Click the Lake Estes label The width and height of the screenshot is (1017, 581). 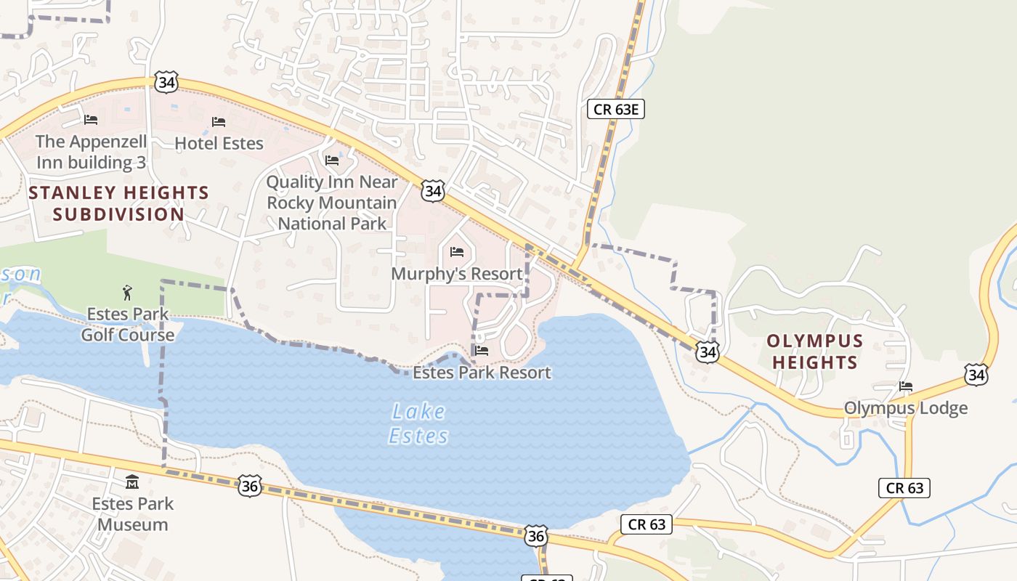418,423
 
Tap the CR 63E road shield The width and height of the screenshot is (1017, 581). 615,109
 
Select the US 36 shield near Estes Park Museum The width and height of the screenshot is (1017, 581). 249,486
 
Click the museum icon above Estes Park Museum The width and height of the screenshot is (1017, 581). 132,482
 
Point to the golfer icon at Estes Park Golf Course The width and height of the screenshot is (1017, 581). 128,293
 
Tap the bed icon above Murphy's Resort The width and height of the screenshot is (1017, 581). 456,252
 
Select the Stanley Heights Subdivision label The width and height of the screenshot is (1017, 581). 119,203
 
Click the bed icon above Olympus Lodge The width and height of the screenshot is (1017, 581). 905,386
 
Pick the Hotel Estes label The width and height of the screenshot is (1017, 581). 219,143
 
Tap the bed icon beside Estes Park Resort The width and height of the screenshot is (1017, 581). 480,351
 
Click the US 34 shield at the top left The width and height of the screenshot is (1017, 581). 166,82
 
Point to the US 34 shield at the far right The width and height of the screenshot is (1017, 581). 976,375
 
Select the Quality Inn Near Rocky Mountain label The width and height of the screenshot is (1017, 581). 332,202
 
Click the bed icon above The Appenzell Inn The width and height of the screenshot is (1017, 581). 91,119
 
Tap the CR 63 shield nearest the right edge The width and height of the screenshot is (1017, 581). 904,488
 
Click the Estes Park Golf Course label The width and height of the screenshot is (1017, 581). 128,324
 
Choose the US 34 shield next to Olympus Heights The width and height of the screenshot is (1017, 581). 707,352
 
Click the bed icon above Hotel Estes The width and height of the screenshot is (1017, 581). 218,121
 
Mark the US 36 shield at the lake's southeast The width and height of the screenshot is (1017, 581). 535,536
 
